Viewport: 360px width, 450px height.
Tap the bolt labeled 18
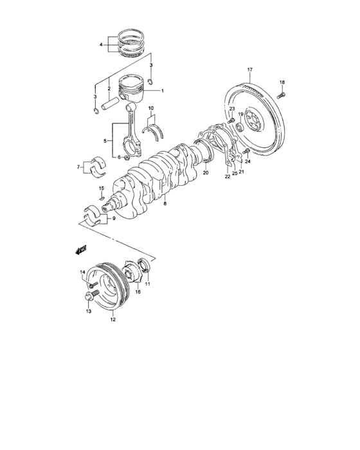(282, 93)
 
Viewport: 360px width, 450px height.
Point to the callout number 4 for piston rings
(100, 45)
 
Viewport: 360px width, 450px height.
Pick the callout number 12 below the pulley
(113, 319)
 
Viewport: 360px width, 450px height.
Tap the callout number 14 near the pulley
(83, 273)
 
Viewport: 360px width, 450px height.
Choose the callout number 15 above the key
(101, 188)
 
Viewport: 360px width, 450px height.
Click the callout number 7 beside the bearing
(79, 167)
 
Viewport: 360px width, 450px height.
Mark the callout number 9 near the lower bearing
(114, 219)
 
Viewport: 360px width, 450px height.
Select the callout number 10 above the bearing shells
(150, 108)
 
